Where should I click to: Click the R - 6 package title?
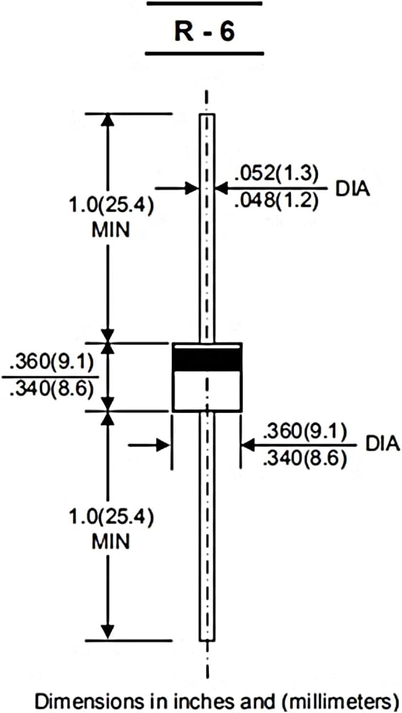(x=205, y=32)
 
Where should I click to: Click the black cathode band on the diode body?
(x=207, y=359)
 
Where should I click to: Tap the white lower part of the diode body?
(x=207, y=390)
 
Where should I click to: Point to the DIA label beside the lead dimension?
(x=352, y=188)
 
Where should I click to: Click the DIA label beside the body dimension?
(x=382, y=444)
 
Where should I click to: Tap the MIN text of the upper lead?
(x=110, y=230)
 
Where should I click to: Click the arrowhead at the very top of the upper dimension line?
(x=108, y=120)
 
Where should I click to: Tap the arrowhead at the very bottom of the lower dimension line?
(x=108, y=632)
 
